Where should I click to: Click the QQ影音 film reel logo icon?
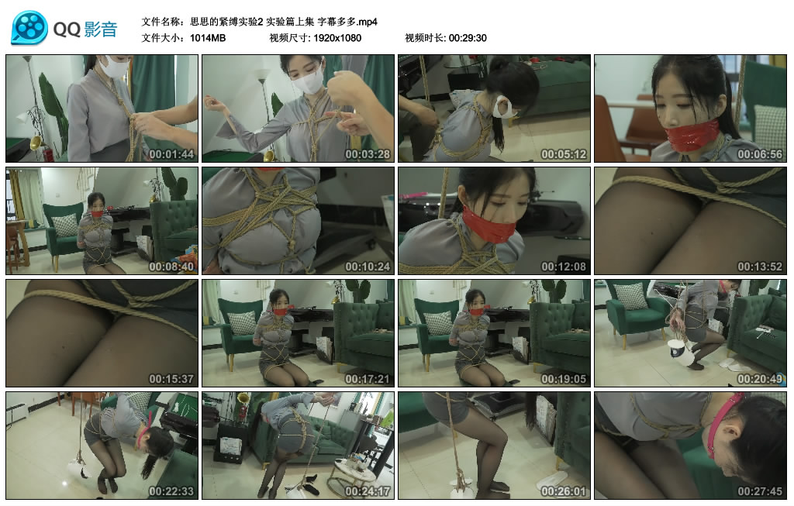tap(29, 28)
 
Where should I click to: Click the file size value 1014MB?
tap(208, 38)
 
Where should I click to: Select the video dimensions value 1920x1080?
tap(337, 38)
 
